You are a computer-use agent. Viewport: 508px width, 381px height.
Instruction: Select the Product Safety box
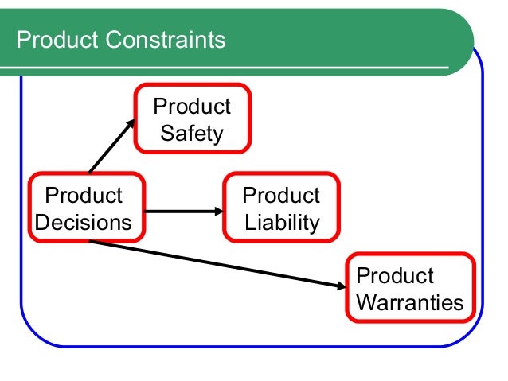tap(191, 119)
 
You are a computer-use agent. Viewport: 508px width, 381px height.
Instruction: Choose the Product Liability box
tap(281, 208)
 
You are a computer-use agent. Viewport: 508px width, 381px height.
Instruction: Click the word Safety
tap(192, 132)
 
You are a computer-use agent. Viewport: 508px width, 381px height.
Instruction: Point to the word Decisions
tap(84, 222)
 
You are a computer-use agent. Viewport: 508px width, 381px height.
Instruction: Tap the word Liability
tap(282, 222)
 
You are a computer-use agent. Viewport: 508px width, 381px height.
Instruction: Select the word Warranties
tap(410, 303)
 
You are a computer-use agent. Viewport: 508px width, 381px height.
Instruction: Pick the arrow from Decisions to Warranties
tap(215, 263)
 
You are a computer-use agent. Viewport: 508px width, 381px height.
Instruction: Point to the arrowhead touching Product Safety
tap(131, 123)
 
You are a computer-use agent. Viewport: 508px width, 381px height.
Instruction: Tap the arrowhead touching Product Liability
tap(220, 212)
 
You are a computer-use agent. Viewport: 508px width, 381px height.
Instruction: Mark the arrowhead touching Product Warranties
tap(342, 284)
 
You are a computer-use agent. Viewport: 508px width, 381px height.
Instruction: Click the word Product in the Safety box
tap(192, 107)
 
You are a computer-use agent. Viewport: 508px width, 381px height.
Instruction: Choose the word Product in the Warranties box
tap(395, 276)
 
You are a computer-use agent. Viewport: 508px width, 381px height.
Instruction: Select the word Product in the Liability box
tap(281, 196)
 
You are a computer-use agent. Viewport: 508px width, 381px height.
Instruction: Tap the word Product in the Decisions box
tap(84, 196)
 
